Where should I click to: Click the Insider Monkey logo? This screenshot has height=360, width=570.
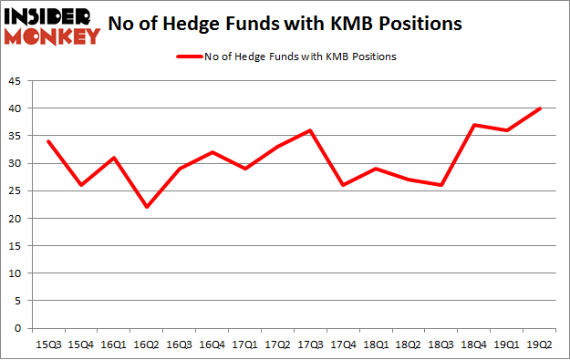point(51,25)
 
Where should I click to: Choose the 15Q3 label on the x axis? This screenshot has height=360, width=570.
point(48,343)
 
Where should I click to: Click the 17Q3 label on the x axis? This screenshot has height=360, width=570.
point(311,343)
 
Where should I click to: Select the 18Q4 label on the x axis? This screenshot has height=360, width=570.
point(474,343)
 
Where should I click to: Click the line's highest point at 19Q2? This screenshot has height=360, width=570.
point(540,108)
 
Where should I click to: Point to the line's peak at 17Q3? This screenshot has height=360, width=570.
point(311,130)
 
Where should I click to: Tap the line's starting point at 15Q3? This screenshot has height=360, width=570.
point(48,141)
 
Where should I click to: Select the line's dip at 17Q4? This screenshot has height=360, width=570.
point(344,185)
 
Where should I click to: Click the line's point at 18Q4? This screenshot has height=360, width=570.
point(474,125)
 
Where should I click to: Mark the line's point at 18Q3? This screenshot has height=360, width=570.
point(441,185)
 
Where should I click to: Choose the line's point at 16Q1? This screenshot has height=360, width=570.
point(114,158)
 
